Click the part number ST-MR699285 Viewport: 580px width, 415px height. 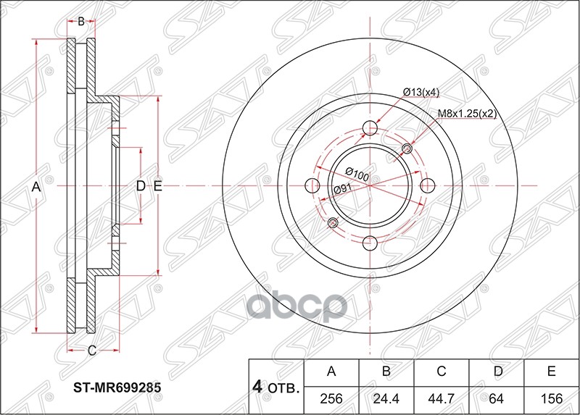pyautogui.click(x=117, y=387)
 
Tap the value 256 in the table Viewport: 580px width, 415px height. pyautogui.click(x=331, y=399)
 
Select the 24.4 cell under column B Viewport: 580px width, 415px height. pyautogui.click(x=386, y=399)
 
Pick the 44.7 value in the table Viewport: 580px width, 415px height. pyautogui.click(x=442, y=399)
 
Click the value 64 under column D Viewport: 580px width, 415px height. pyautogui.click(x=496, y=399)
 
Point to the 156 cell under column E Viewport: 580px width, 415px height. pyautogui.click(x=551, y=399)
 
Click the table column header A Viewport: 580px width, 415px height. pyautogui.click(x=331, y=371)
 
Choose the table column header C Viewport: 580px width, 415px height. pyautogui.click(x=442, y=371)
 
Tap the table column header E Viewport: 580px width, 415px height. pyautogui.click(x=551, y=371)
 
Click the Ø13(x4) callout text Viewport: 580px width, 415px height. pyautogui.click(x=421, y=93)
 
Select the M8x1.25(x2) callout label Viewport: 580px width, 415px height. pyautogui.click(x=467, y=114)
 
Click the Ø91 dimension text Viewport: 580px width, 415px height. pyautogui.click(x=342, y=189)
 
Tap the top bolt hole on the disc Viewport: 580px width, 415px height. pyautogui.click(x=370, y=128)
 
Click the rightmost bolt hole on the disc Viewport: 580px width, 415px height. pyautogui.click(x=428, y=185)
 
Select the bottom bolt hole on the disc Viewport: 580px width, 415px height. pyautogui.click(x=370, y=243)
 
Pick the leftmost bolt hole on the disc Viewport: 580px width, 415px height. pyautogui.click(x=312, y=185)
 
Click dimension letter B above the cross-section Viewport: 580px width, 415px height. pyautogui.click(x=81, y=22)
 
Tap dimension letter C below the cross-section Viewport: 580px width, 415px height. pyautogui.click(x=92, y=350)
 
